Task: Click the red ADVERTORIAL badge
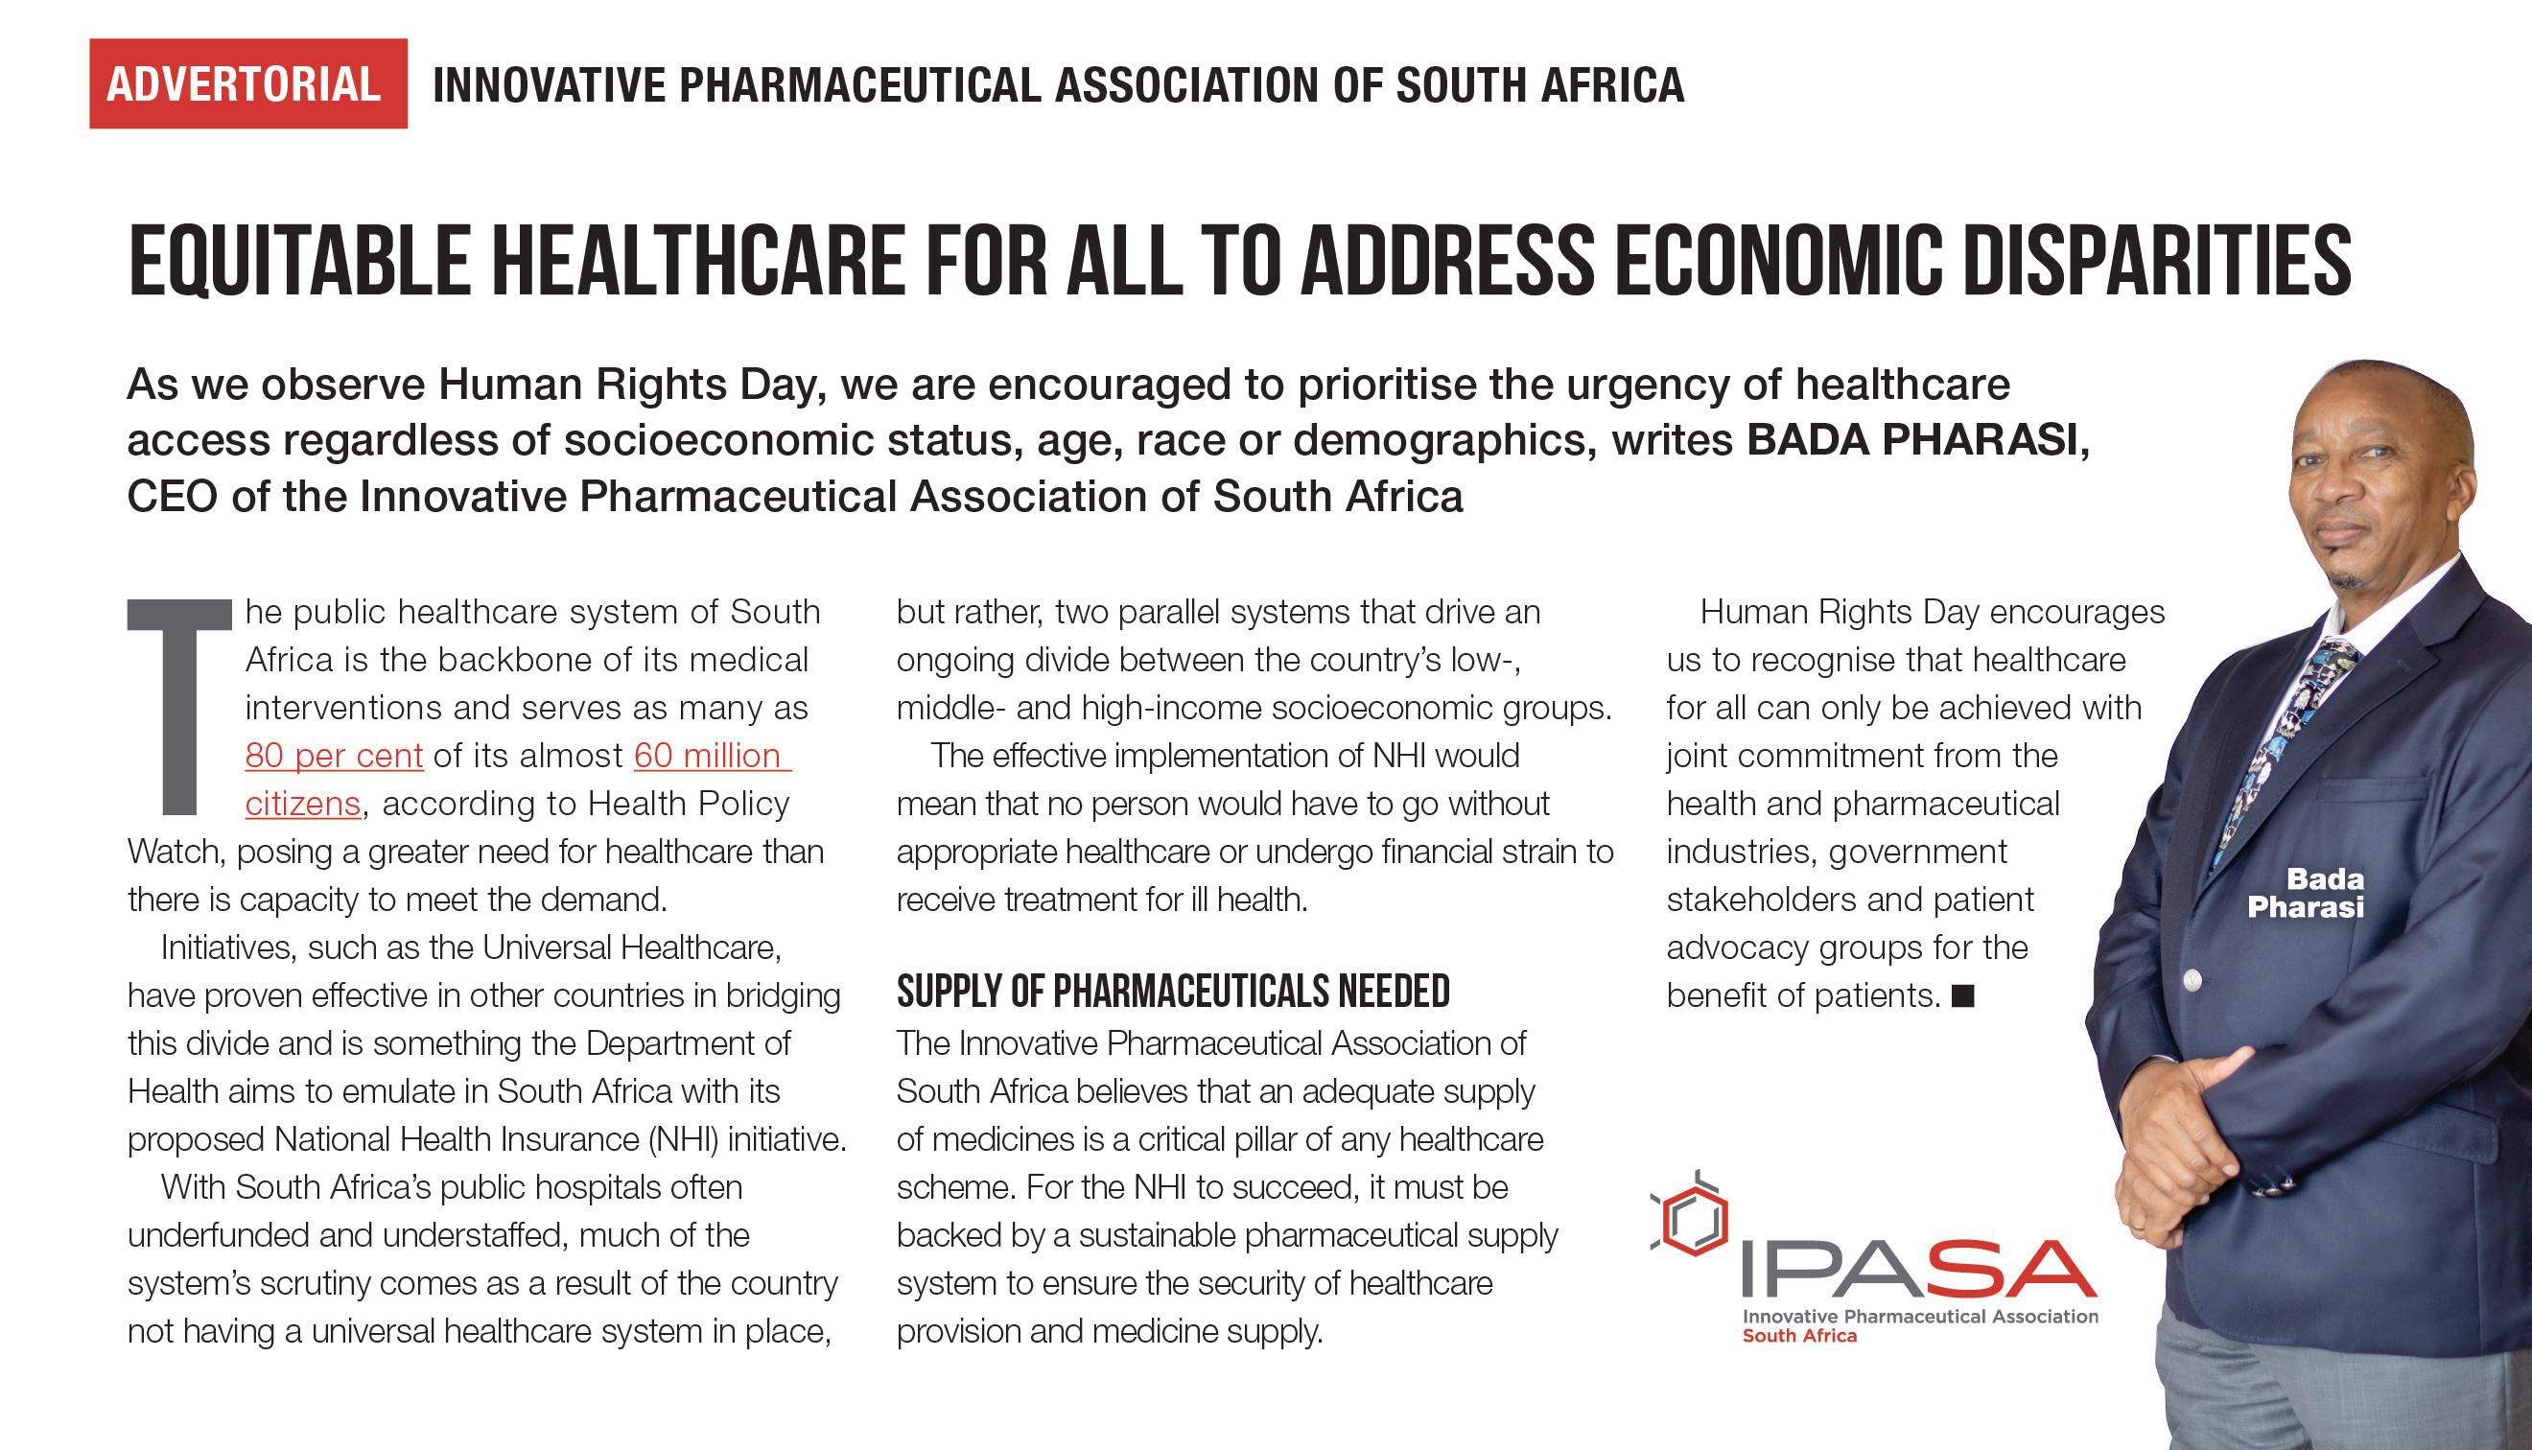(247, 83)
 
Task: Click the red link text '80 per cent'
(335, 757)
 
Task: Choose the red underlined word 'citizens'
(303, 805)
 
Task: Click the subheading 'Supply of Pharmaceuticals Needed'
(1173, 992)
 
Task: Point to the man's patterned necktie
(2290, 737)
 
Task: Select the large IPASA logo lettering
(1917, 1269)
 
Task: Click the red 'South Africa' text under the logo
(1799, 1337)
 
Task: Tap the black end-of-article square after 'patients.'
(1962, 995)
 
